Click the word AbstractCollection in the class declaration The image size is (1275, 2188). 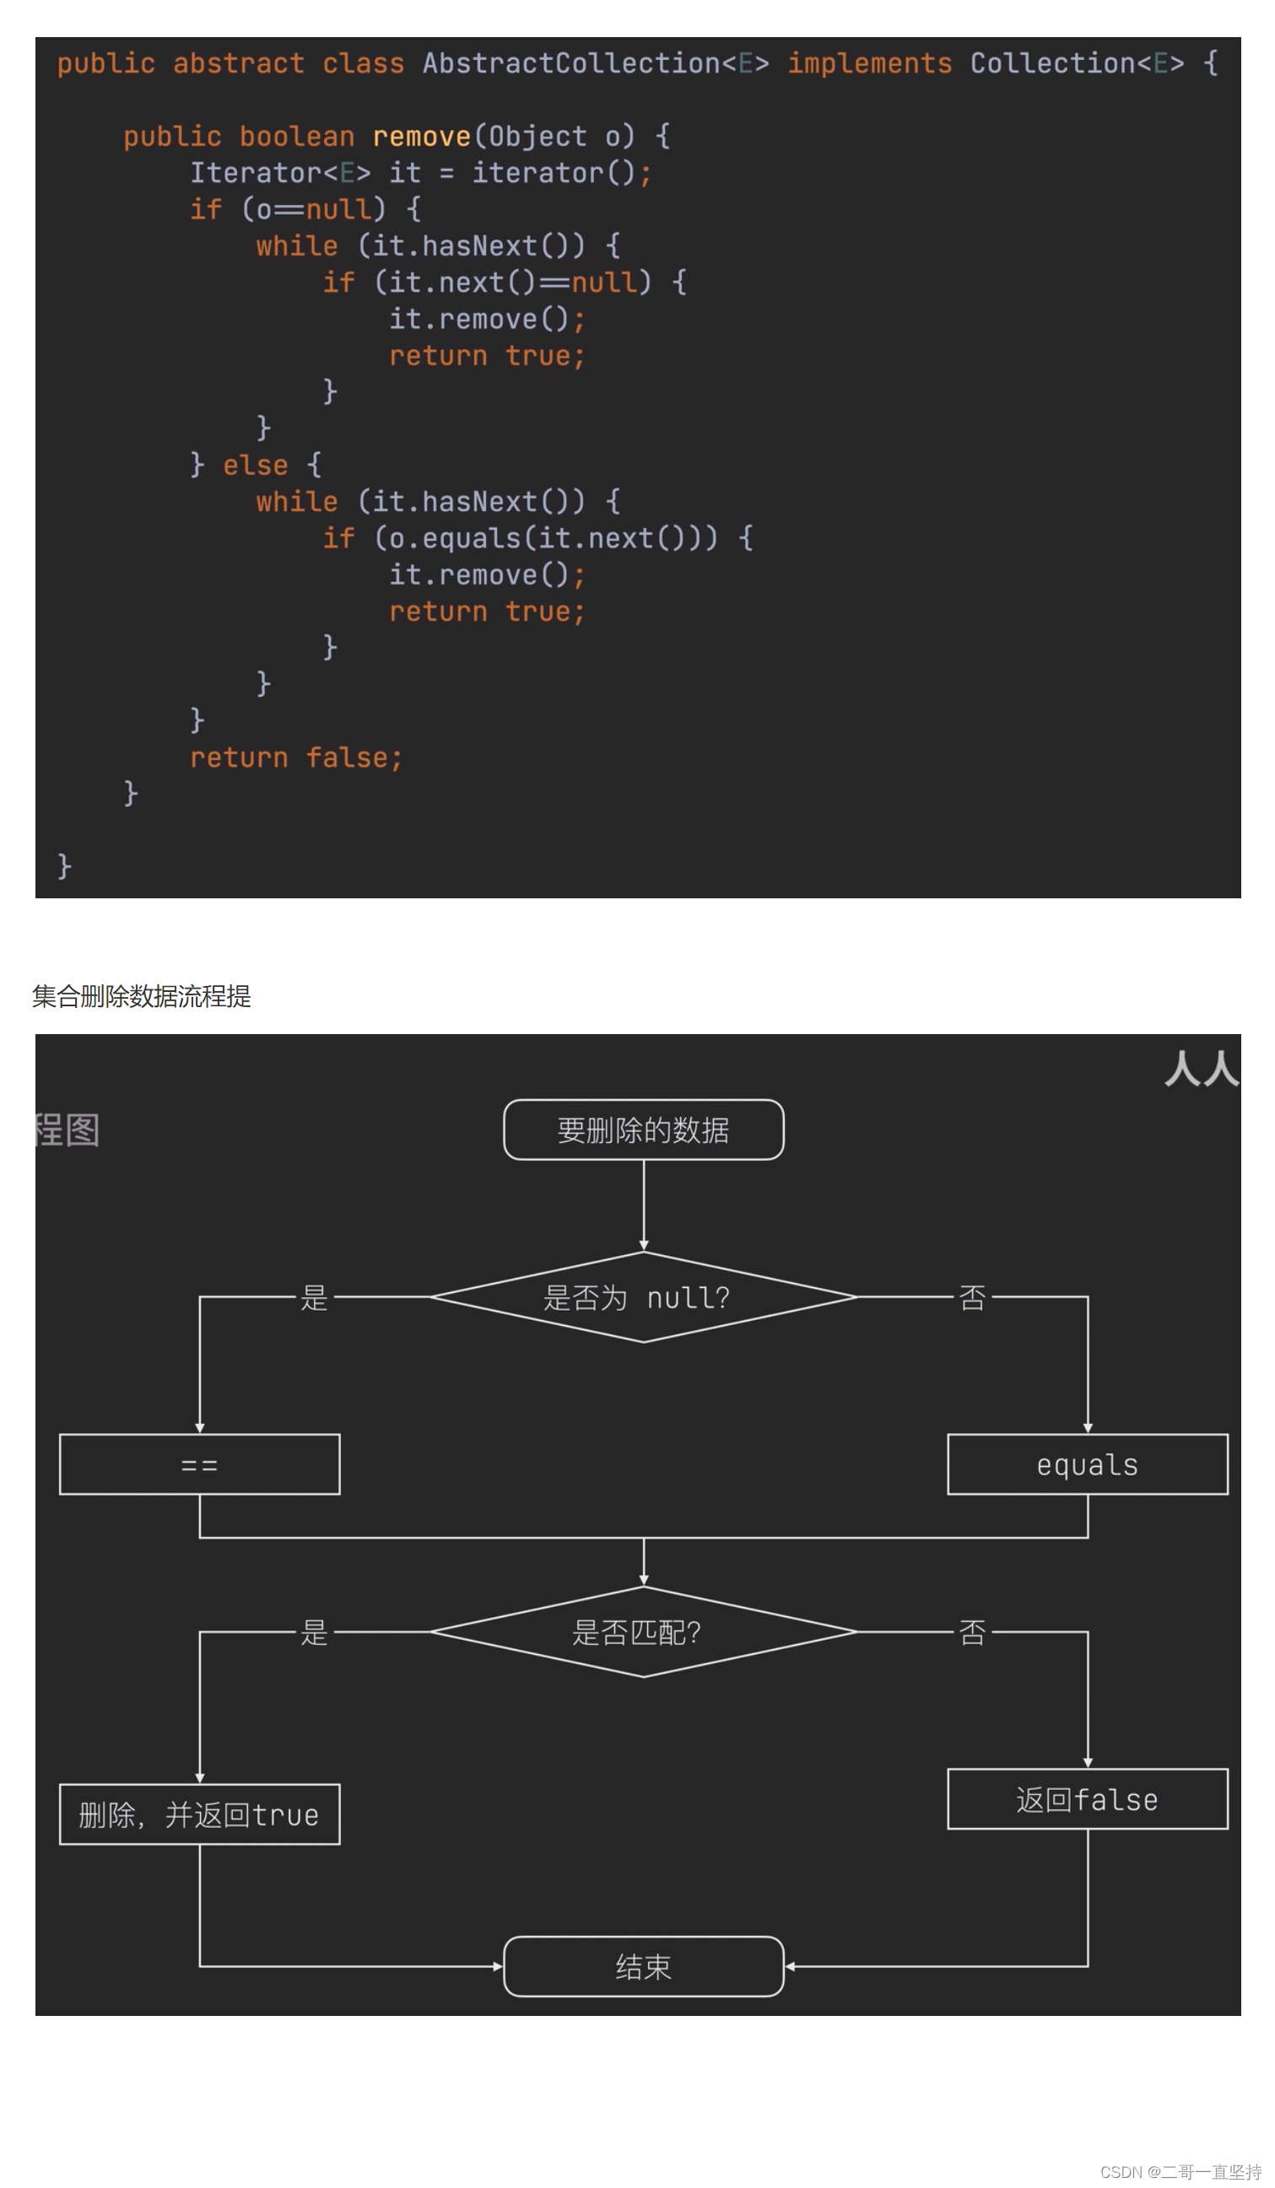click(570, 63)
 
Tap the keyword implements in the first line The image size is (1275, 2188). click(868, 63)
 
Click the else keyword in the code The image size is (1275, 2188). click(255, 466)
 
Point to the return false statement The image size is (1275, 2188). click(295, 758)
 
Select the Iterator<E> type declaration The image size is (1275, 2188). click(279, 173)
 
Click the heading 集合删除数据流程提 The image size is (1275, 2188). click(142, 996)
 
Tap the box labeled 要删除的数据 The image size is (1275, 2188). click(643, 1129)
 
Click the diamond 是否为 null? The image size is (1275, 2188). click(643, 1297)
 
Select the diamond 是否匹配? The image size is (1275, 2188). click(643, 1632)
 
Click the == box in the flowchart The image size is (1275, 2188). click(199, 1465)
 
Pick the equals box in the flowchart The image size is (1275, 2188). click(1087, 1465)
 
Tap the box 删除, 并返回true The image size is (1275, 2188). click(199, 1814)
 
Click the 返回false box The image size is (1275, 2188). click(1087, 1800)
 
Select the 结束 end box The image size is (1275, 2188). click(643, 1967)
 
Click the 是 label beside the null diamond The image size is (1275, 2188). click(314, 1297)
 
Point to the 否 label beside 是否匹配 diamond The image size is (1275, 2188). click(972, 1632)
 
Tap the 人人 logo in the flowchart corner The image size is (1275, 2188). click(1202, 1068)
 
